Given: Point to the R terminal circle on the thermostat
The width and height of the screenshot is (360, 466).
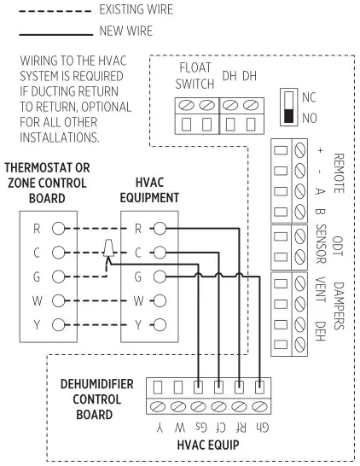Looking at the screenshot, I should [x=58, y=229].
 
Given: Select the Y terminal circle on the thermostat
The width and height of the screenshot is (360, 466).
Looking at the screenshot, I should [x=58, y=324].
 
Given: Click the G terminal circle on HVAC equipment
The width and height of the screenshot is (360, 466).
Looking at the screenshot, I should [x=160, y=277].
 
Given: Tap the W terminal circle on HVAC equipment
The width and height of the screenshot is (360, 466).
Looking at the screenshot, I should [x=160, y=300].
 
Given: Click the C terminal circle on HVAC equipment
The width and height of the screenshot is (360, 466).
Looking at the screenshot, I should [x=160, y=253].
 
